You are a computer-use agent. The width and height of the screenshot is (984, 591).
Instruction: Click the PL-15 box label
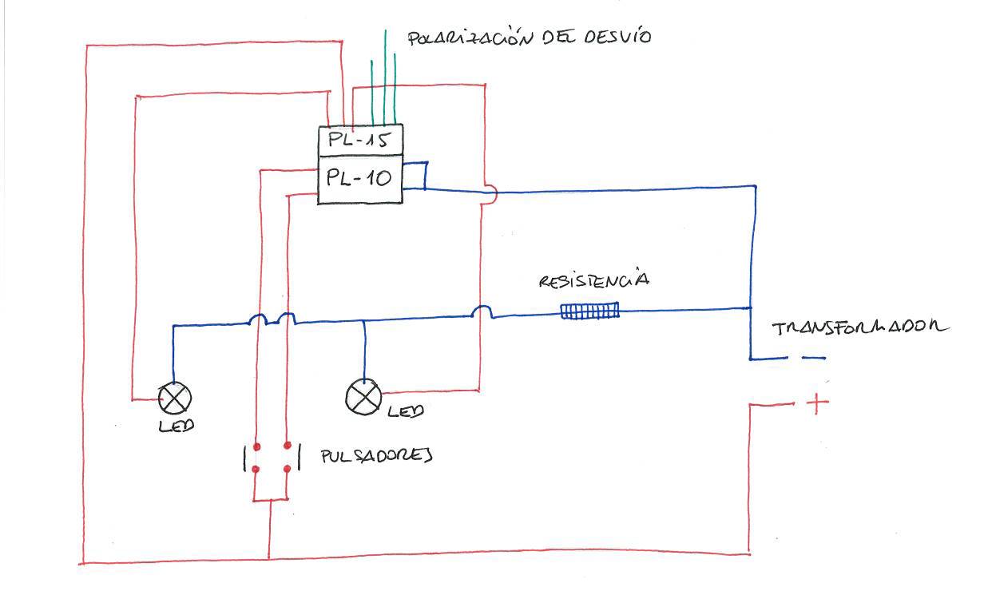point(359,140)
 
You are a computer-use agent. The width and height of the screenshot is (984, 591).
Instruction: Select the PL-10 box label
point(359,177)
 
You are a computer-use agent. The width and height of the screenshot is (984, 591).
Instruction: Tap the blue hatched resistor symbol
point(590,311)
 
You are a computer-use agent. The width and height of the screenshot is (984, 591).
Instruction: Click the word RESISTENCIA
point(594,279)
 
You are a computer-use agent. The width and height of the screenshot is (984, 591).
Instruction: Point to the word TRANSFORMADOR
point(860,327)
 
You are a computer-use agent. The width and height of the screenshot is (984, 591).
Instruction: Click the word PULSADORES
point(376,456)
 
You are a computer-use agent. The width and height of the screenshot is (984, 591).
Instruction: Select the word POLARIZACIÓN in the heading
point(470,38)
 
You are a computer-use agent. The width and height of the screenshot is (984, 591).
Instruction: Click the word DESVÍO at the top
point(617,36)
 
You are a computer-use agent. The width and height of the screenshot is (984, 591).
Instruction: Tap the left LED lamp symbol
point(175,398)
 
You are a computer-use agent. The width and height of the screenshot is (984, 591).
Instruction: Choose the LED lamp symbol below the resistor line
point(363,397)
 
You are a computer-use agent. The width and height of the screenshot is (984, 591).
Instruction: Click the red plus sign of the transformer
point(817,403)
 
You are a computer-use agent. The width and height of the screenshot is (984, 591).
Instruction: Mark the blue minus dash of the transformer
point(814,358)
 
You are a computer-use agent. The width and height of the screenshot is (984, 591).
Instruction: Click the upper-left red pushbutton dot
point(257,447)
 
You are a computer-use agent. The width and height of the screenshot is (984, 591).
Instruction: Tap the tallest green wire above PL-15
point(385,77)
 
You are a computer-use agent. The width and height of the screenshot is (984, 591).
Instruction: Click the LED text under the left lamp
point(177,426)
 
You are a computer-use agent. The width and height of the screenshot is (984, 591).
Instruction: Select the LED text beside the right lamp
point(406,411)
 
